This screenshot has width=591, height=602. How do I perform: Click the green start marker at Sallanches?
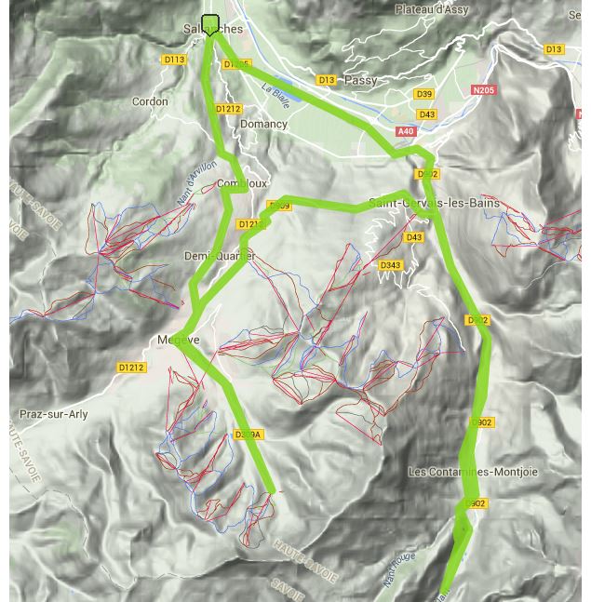pos(210,24)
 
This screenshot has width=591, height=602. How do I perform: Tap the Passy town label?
pos(360,81)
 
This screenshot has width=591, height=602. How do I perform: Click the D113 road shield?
pos(174,60)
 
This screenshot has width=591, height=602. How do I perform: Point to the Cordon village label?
pos(150,101)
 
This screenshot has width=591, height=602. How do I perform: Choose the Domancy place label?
pos(263,124)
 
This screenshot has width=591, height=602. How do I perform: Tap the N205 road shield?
pos(484,90)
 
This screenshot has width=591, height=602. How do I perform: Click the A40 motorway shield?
pos(406,132)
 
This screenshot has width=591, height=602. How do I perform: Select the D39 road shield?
pos(423,94)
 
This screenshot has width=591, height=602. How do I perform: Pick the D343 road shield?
pos(390,266)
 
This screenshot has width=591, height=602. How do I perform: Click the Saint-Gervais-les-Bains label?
pos(434,203)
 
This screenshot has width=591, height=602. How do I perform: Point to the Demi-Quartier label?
pos(219,256)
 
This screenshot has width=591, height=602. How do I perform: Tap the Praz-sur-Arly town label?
pos(54,414)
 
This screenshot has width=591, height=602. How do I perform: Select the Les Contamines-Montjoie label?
pos(473,472)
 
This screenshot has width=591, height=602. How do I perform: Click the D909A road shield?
pos(248,435)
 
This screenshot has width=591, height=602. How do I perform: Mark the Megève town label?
pos(179,340)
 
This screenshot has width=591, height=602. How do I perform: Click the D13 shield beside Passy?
pos(326,81)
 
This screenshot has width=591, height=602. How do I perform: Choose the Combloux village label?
pos(242,184)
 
